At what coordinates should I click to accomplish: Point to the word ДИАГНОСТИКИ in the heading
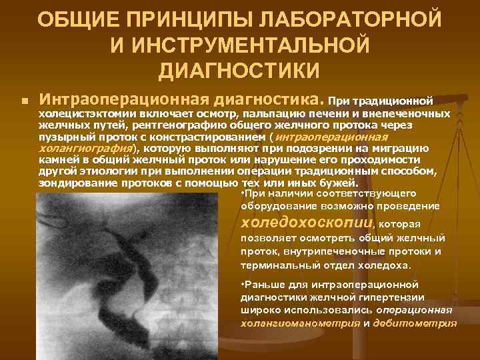pyautogui.click(x=239, y=69)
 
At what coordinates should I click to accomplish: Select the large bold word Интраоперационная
pyautogui.click(x=125, y=100)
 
